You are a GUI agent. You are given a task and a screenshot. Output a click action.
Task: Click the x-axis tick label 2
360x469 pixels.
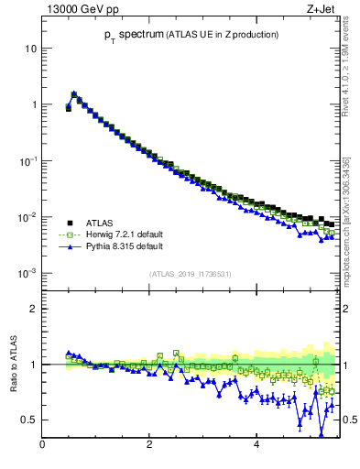[x=149, y=446]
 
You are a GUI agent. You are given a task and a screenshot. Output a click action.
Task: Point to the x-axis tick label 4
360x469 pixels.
[x=256, y=446]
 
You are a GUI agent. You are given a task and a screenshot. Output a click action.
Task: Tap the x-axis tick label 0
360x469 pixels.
[x=42, y=446]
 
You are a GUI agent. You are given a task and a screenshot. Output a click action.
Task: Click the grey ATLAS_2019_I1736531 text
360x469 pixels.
[x=189, y=274]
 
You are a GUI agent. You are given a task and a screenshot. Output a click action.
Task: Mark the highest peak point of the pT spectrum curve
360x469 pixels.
[x=73, y=93]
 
